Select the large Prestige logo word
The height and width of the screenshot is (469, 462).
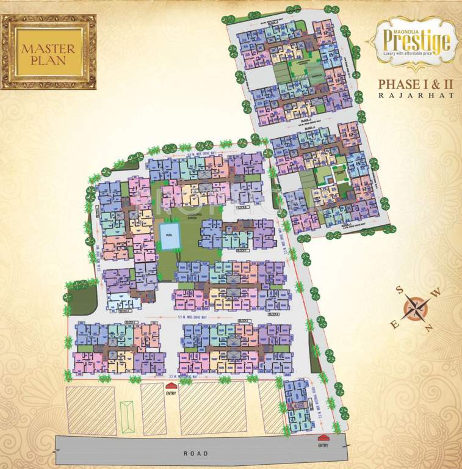point(417,41)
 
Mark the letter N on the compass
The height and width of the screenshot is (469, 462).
point(430,328)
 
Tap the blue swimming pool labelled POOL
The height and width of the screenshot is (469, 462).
point(170,236)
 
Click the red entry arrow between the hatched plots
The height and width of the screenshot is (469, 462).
point(170,385)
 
